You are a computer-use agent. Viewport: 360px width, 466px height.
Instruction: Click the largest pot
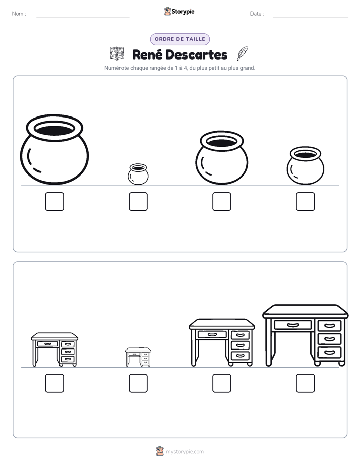click(x=54, y=149)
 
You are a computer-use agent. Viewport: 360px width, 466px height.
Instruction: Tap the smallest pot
click(x=138, y=174)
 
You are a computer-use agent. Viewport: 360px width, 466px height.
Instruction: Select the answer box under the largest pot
click(x=54, y=202)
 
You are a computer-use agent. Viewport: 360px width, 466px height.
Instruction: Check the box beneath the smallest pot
click(x=138, y=202)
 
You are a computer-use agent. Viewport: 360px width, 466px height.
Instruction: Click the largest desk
click(x=306, y=335)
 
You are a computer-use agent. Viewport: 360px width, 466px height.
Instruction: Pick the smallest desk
click(x=138, y=357)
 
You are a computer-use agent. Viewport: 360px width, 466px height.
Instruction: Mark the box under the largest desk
click(x=306, y=383)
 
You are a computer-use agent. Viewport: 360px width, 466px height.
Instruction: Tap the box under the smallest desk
click(x=138, y=383)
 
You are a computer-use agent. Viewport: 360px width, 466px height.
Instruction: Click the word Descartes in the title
click(x=196, y=54)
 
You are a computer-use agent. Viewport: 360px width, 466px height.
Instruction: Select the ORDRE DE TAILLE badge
click(x=180, y=39)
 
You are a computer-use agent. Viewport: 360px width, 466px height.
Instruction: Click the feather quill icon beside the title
click(x=243, y=53)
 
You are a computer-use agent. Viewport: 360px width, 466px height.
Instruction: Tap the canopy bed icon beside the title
click(x=117, y=53)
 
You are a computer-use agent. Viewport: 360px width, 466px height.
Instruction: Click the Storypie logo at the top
click(x=179, y=11)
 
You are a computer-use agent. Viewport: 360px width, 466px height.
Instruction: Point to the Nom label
click(x=19, y=14)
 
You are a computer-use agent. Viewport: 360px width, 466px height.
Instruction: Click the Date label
click(x=257, y=14)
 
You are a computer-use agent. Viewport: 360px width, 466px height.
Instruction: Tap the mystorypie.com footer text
click(x=185, y=452)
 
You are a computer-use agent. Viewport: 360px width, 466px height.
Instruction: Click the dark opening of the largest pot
click(x=54, y=130)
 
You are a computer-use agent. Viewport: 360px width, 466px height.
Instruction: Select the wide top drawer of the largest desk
click(x=293, y=325)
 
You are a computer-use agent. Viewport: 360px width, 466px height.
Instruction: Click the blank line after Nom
click(x=83, y=17)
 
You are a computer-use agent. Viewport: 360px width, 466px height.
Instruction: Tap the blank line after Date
click(x=311, y=17)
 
